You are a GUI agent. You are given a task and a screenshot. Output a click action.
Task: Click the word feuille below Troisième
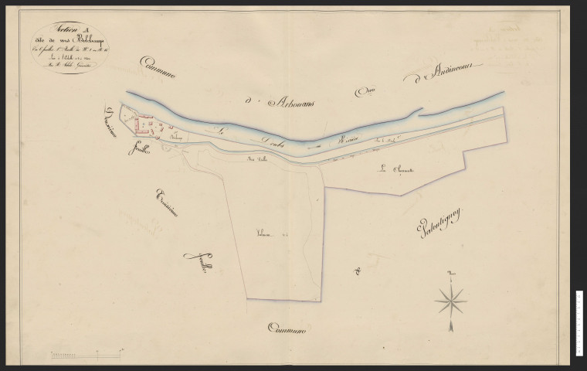click(x=192, y=267)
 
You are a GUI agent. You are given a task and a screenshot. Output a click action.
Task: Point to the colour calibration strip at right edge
click(x=579, y=325)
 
